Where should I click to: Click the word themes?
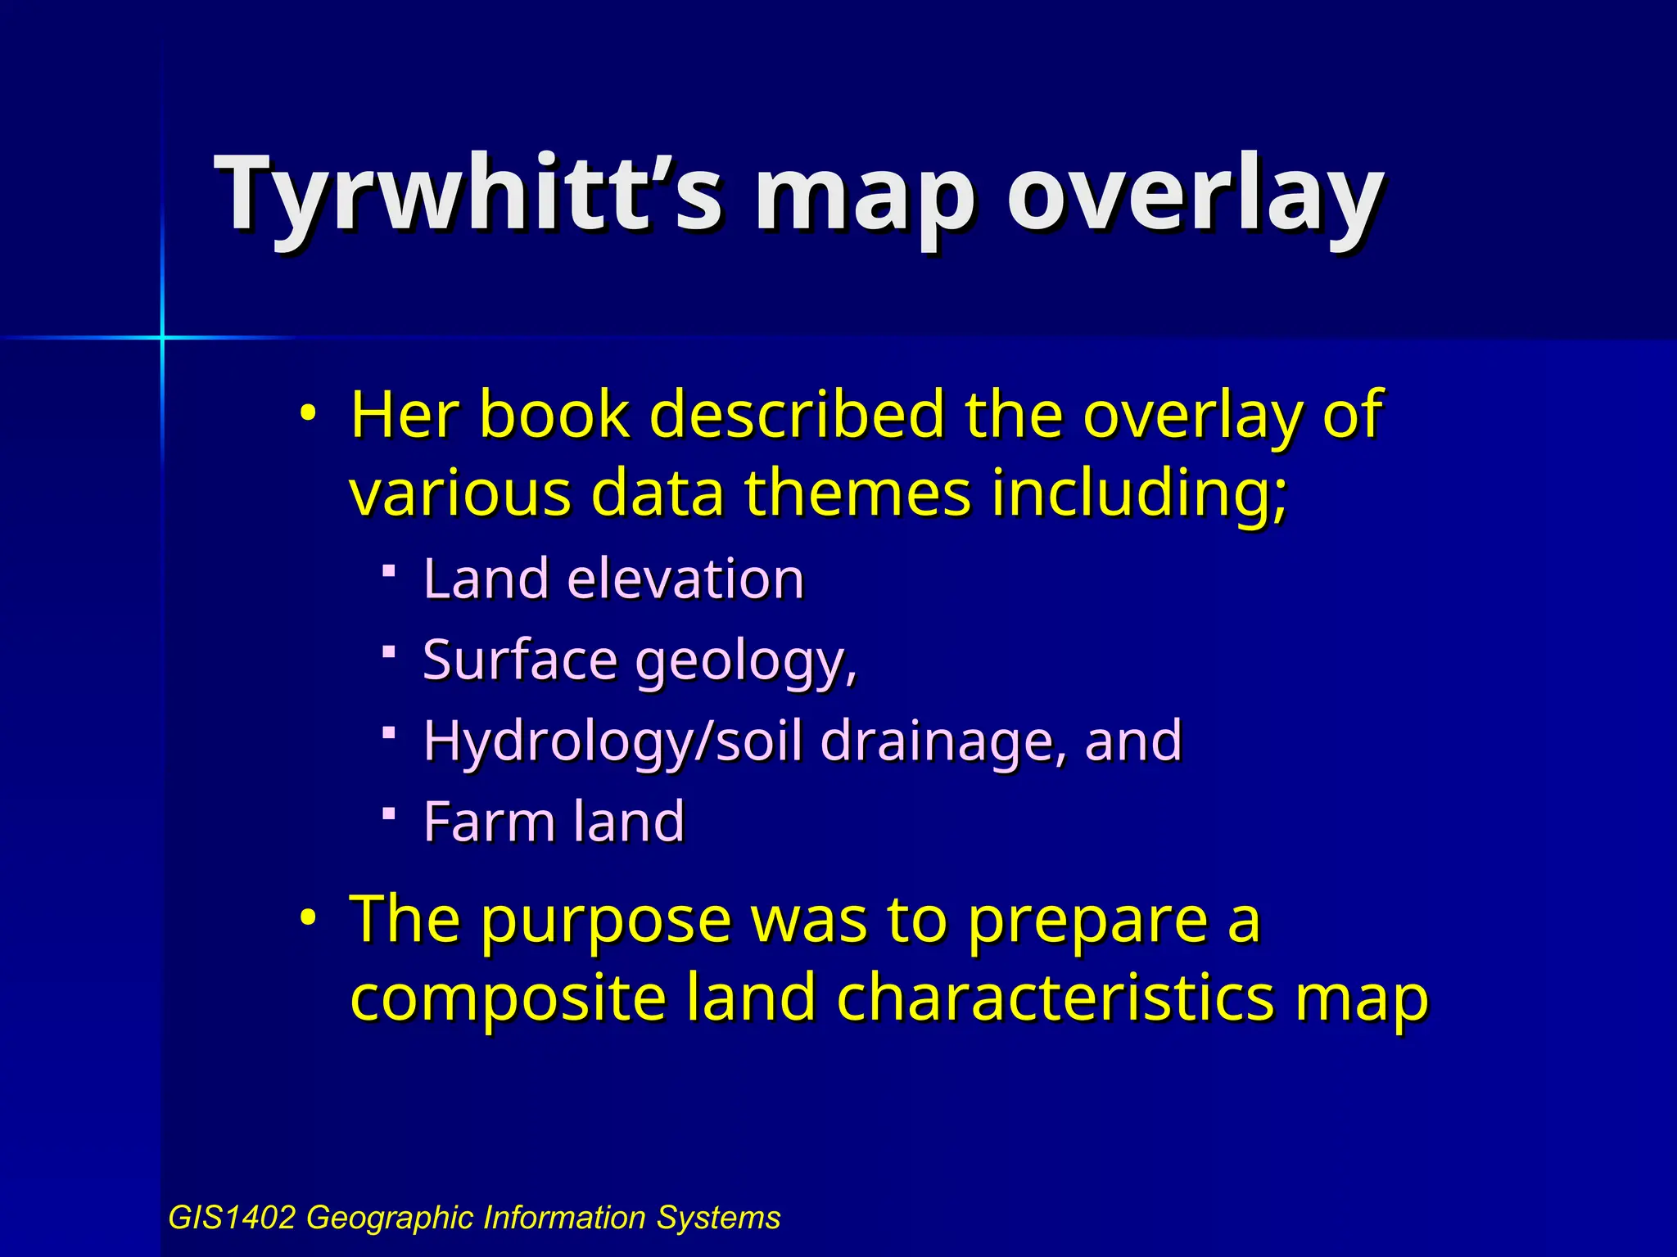point(857,493)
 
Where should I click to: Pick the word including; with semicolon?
point(1139,495)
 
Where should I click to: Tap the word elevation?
point(686,579)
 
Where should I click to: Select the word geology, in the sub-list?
point(746,661)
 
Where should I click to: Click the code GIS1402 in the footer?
point(231,1218)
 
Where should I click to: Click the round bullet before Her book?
point(307,413)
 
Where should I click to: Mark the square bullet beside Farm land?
point(390,813)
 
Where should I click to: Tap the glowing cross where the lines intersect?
point(162,337)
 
